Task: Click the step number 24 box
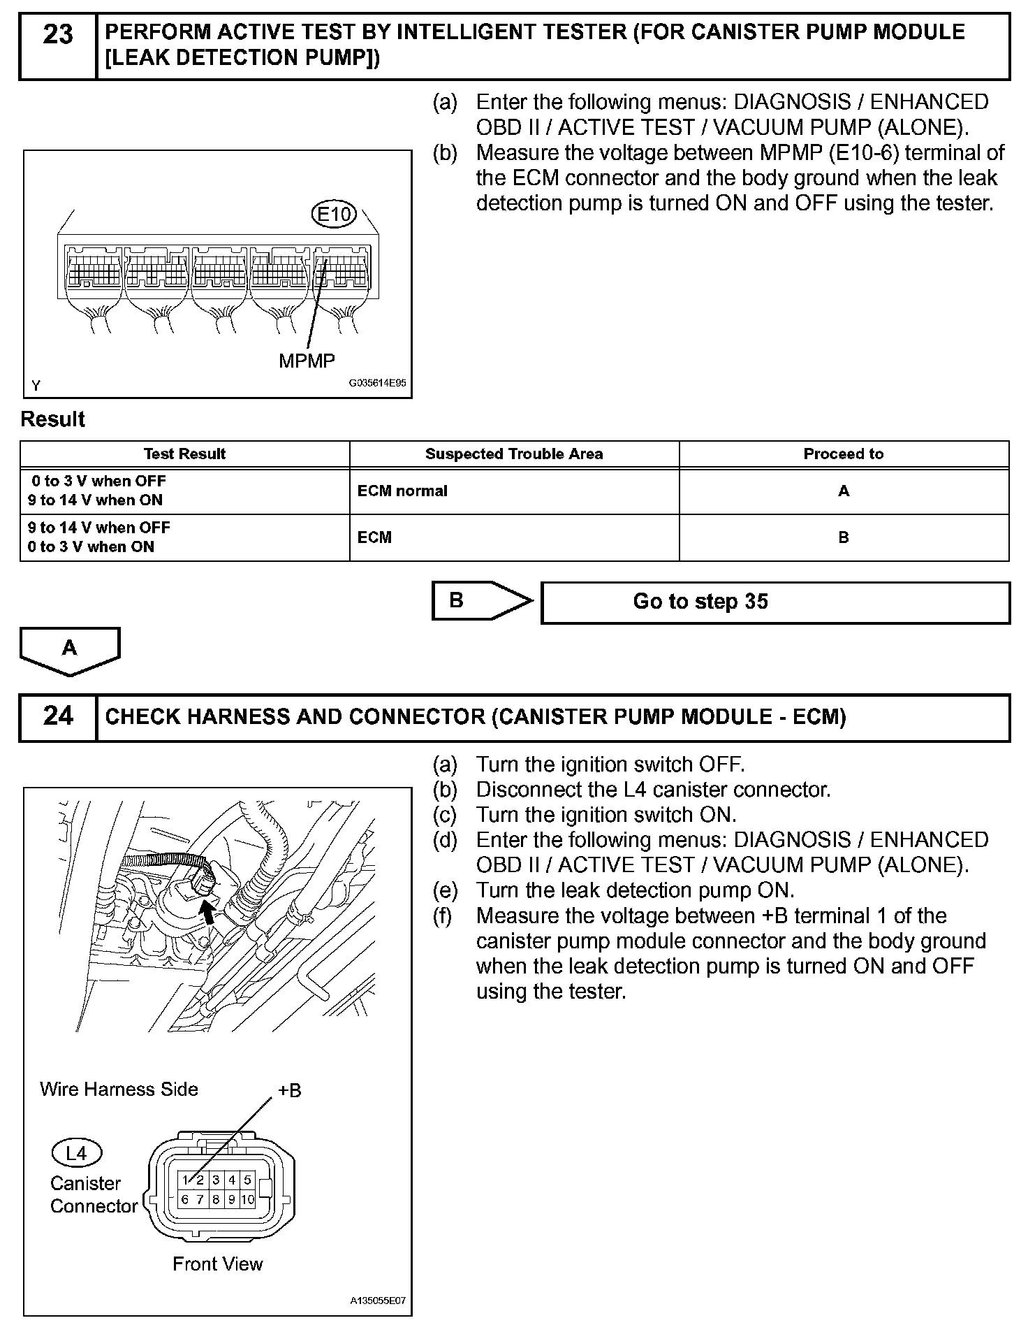(58, 717)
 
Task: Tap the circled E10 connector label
(334, 215)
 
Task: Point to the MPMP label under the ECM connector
(307, 361)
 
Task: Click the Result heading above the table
(53, 419)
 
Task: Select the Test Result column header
(184, 454)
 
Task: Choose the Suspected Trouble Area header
(514, 454)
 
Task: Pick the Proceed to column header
(844, 454)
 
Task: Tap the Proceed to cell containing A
(844, 491)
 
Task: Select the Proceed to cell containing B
(844, 537)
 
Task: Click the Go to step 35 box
(775, 602)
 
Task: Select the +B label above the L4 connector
(290, 1091)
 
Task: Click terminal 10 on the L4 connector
(248, 1200)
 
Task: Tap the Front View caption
(218, 1264)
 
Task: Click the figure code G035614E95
(378, 384)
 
